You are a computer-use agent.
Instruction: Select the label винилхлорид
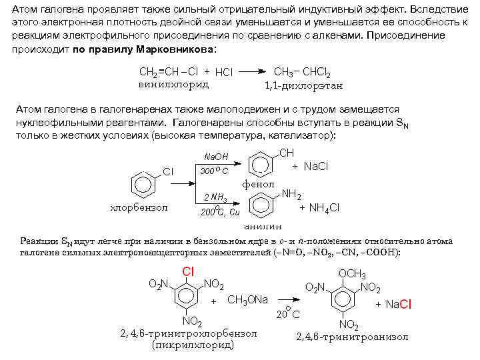pyautogui.click(x=173, y=84)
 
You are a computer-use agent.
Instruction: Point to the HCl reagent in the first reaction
pyautogui.click(x=224, y=72)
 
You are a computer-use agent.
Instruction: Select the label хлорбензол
pyautogui.click(x=138, y=207)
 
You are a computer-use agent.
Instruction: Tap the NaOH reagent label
pyautogui.click(x=215, y=157)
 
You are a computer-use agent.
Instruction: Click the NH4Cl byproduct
pyautogui.click(x=319, y=208)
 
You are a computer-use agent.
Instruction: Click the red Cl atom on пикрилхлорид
pyautogui.click(x=189, y=272)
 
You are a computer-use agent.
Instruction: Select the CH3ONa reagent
pyautogui.click(x=247, y=300)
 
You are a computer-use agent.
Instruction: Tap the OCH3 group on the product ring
pyautogui.click(x=353, y=275)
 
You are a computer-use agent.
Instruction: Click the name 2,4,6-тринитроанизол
pyautogui.click(x=352, y=337)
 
